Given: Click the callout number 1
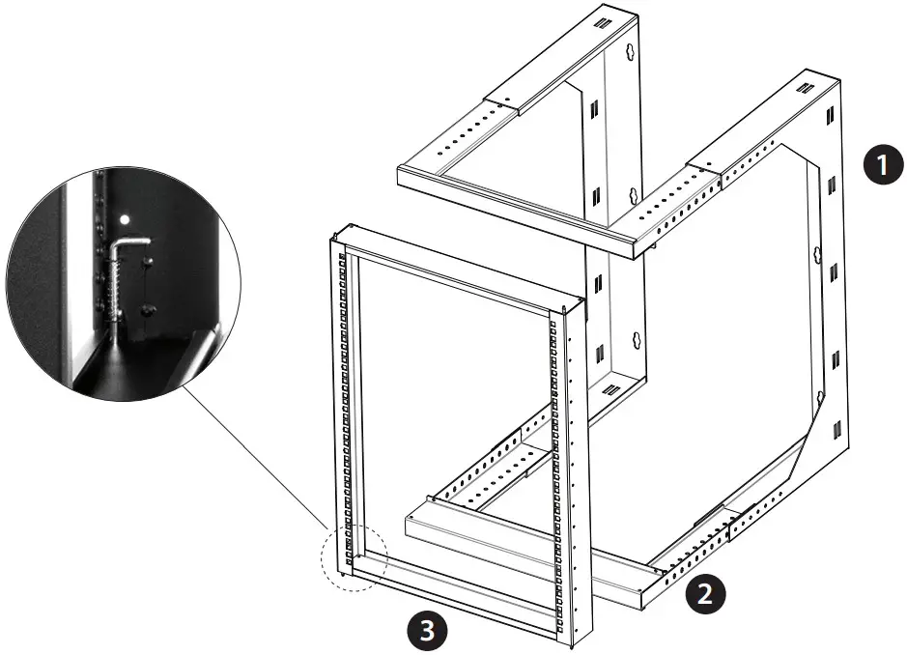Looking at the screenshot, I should pos(878,165).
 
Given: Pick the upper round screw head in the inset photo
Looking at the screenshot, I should pos(148,262).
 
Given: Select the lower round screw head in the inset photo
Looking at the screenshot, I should pos(147,309).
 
